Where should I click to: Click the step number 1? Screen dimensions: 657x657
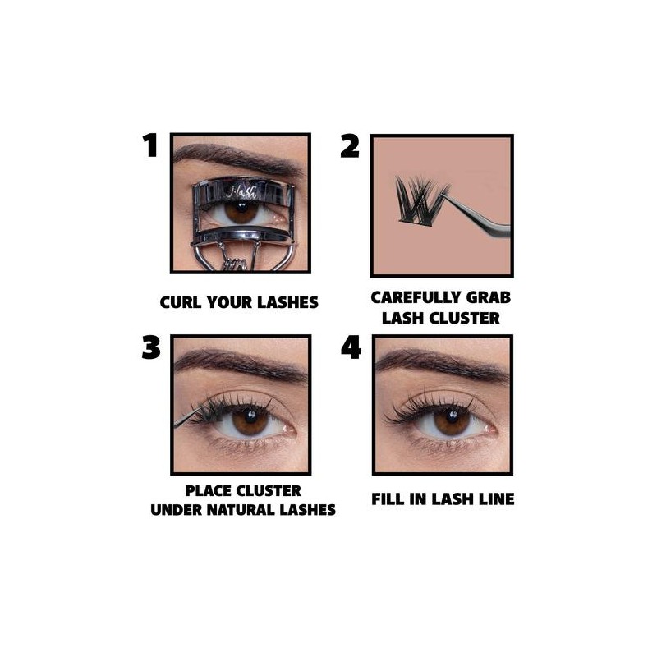click(x=149, y=146)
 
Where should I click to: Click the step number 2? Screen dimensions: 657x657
click(x=350, y=146)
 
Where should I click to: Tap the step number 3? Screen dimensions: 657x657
click(x=150, y=347)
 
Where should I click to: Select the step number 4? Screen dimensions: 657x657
click(x=351, y=347)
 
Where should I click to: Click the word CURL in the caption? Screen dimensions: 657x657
click(x=181, y=302)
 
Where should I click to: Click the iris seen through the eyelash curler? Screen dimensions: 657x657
click(x=241, y=211)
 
